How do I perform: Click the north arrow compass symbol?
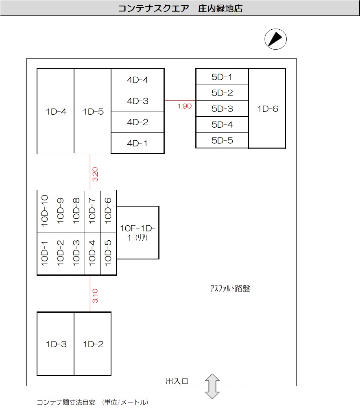pos(275,39)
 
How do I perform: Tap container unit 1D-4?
pos(56,111)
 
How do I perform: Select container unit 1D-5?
pos(93,111)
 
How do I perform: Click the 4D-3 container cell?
pos(137,101)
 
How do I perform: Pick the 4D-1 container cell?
pos(137,143)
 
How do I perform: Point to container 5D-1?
pos(222,77)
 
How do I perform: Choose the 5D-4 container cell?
pos(222,125)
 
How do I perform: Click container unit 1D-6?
pos(267,109)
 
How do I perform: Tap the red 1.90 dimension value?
pos(184,106)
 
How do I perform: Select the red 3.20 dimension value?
pos(95,174)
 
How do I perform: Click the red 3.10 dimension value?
pos(95,296)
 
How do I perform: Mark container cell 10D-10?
pos(45,211)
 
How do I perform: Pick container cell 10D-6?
pos(108,211)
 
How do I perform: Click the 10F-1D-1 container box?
pos(138,233)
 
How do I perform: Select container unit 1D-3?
pos(56,344)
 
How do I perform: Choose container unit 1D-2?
pos(93,344)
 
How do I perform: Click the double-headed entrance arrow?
pos(212,386)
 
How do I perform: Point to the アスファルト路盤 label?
pos(230,289)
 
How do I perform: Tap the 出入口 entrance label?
pos(177,381)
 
